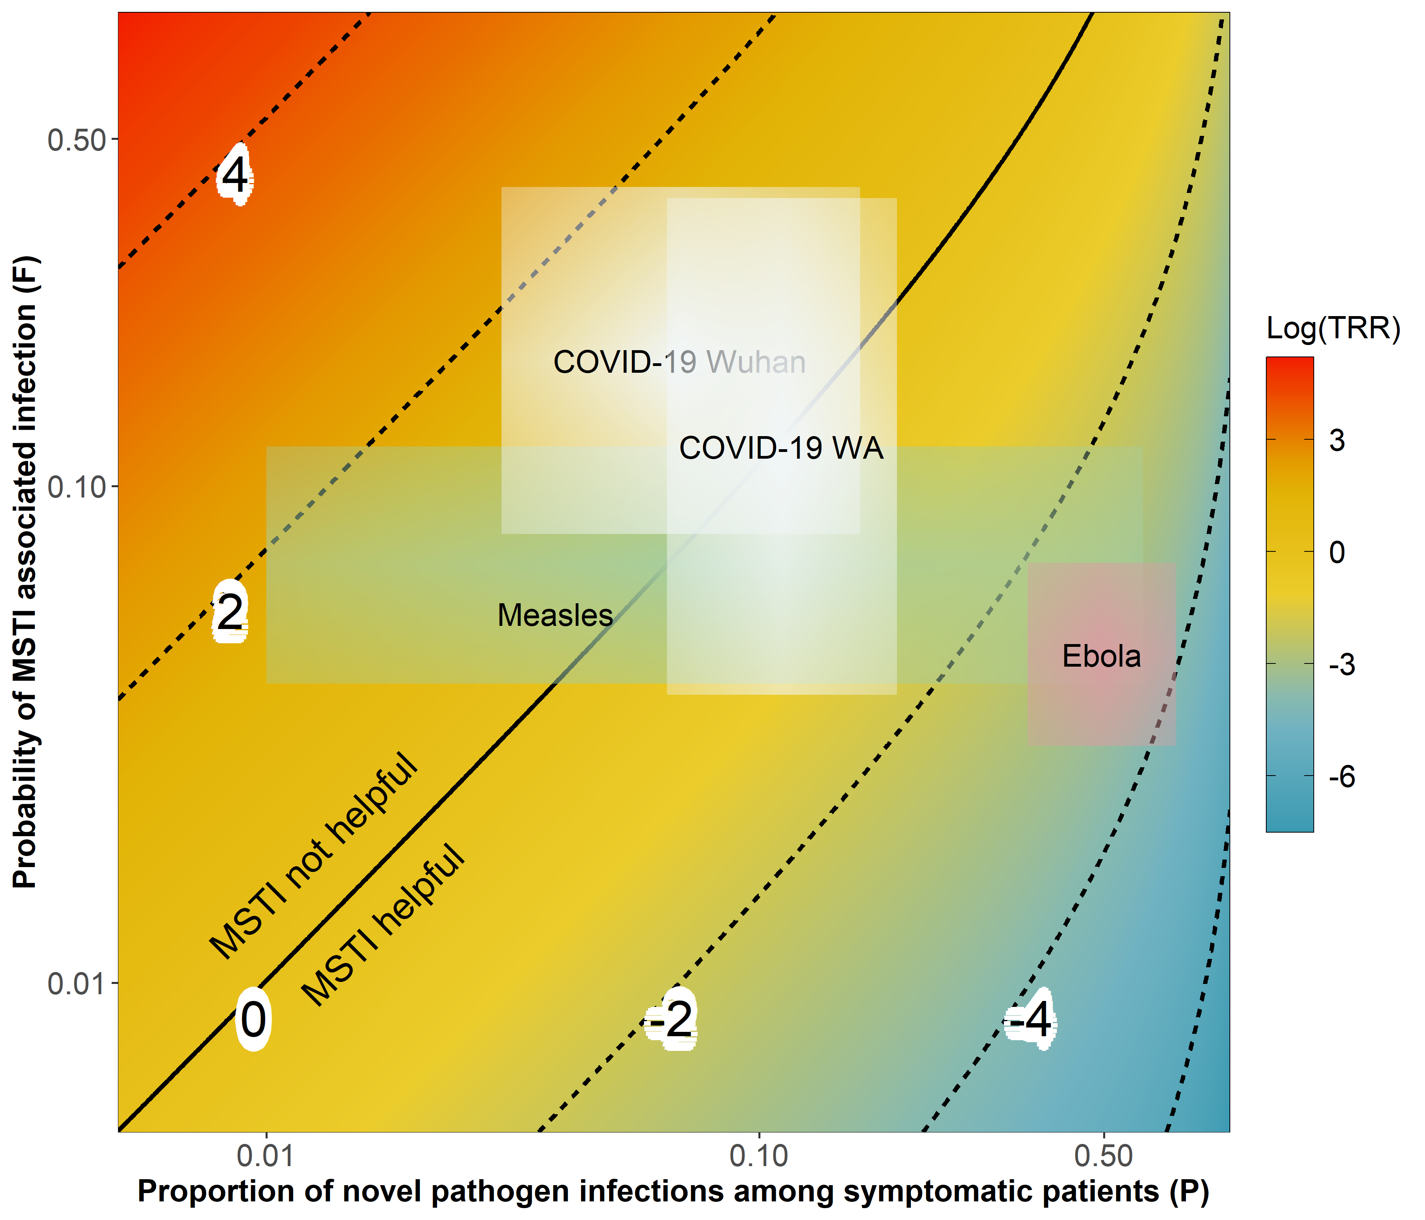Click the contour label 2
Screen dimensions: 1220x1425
[x=230, y=612]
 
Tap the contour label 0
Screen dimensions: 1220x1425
[x=253, y=1019]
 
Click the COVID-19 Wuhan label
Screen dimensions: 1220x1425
[x=680, y=362]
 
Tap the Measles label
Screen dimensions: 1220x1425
[x=555, y=615]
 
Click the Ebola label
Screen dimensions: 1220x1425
[x=1101, y=656]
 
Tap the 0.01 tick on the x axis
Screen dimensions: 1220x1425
[x=266, y=1156]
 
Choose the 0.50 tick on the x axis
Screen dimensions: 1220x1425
[x=1103, y=1156]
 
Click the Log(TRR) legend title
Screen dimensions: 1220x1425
[x=1333, y=328]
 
